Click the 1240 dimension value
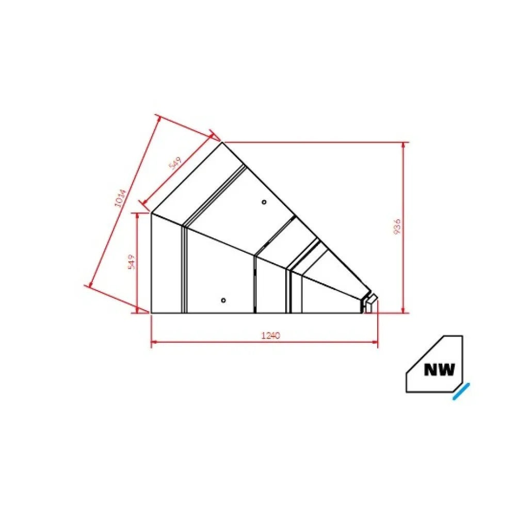270,335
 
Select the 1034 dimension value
120,198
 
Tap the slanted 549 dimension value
175,165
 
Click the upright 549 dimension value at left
132,262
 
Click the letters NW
439,369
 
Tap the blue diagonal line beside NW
461,392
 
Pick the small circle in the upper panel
264,202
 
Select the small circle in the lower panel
223,300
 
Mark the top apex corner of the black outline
222,142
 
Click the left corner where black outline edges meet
151,213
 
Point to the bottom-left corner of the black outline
151,313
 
